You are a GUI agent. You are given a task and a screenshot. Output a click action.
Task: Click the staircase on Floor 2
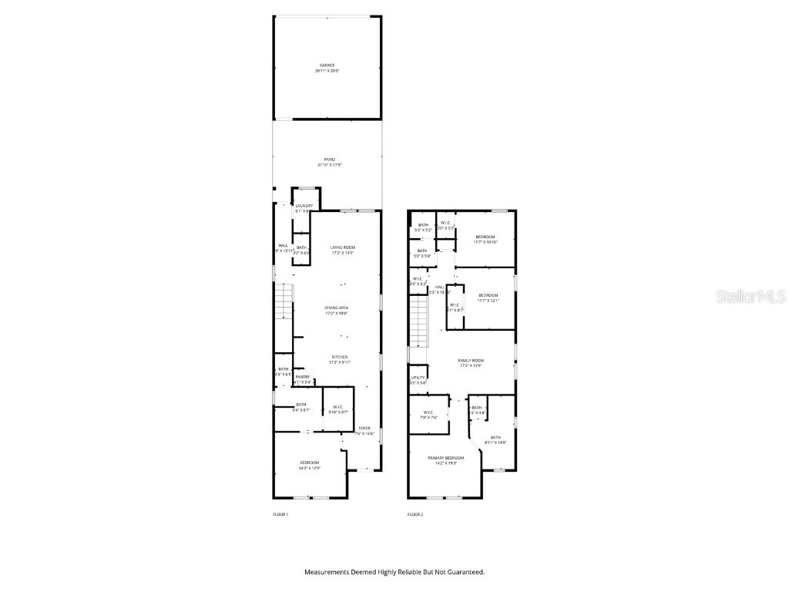tap(418, 323)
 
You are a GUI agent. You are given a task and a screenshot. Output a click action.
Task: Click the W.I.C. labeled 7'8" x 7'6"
tap(428, 415)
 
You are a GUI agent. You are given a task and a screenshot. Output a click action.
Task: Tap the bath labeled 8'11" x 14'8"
tap(495, 439)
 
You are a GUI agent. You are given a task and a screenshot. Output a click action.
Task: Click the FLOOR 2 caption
tap(416, 514)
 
